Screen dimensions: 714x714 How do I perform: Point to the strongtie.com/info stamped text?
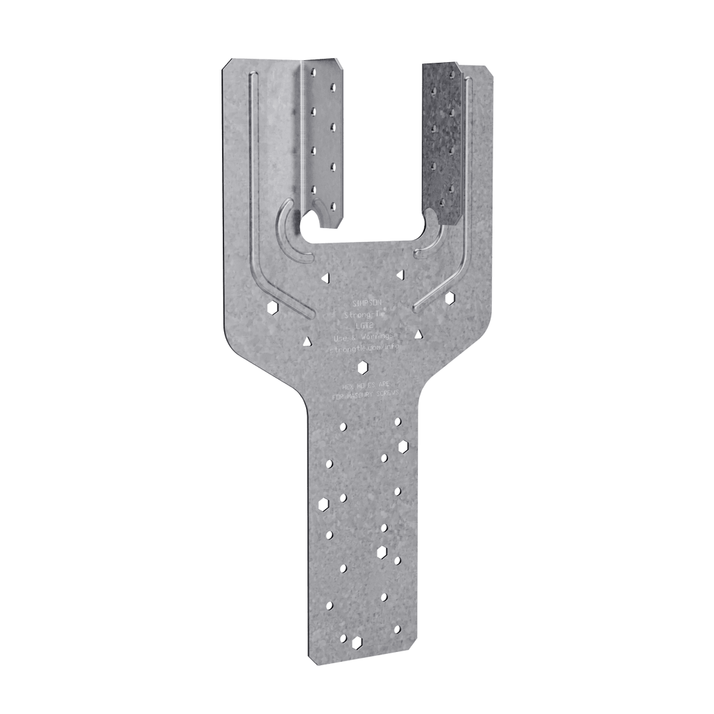pos(364,346)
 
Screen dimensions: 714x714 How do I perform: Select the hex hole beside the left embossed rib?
pos(272,307)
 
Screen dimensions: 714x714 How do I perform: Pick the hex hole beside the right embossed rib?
pos(450,298)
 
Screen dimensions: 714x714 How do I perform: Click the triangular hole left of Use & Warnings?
pos(307,341)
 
